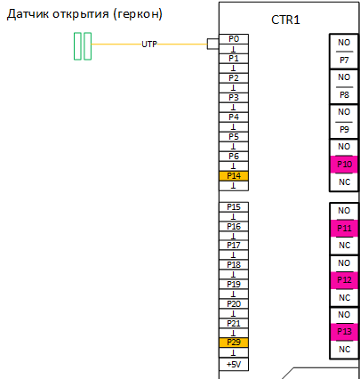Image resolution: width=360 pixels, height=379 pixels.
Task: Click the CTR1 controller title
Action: point(285,20)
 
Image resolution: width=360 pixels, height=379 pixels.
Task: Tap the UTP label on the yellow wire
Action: point(149,44)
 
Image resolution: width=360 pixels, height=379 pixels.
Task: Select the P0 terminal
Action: point(234,39)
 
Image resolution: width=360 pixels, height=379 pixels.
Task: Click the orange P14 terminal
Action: point(234,176)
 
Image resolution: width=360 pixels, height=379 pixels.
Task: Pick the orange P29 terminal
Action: point(234,343)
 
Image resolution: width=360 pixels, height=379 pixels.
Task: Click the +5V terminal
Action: point(234,364)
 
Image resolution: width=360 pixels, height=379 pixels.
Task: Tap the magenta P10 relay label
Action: point(344,164)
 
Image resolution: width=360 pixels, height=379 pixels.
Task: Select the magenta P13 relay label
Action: point(344,331)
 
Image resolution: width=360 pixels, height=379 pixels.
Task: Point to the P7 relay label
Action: point(344,60)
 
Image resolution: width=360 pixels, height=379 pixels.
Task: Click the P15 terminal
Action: point(234,207)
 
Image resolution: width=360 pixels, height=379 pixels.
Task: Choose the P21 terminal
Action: point(234,323)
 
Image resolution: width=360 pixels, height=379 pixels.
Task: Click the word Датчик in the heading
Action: point(28,14)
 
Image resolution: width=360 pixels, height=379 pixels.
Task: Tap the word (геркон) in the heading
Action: point(138,14)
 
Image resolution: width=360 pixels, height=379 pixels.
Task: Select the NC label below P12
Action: point(344,297)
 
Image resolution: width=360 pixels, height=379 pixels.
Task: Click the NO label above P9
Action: point(344,112)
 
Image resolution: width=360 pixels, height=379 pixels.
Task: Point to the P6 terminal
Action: point(234,157)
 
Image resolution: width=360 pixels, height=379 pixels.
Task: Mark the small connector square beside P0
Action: point(213,44)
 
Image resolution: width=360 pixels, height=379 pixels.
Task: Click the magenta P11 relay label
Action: point(344,229)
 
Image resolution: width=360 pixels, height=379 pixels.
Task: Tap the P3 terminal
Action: point(234,98)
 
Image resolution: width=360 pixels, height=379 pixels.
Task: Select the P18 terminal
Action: point(234,264)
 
